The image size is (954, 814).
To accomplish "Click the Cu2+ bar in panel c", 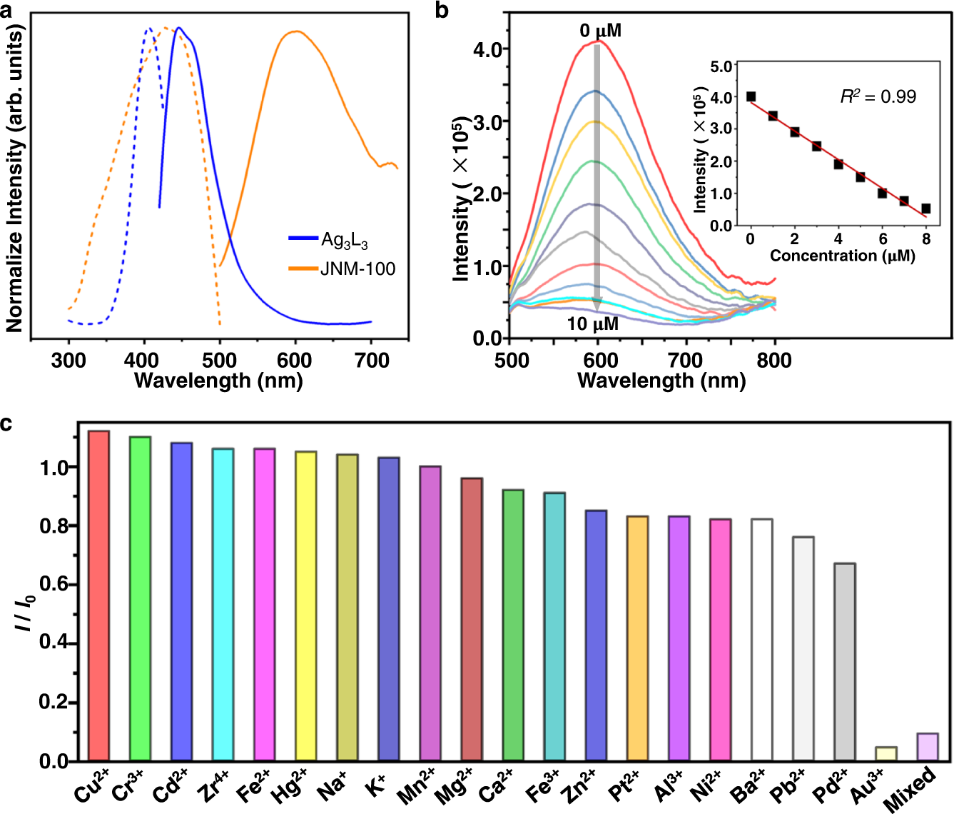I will (98, 596).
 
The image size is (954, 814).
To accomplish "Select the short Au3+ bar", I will (886, 754).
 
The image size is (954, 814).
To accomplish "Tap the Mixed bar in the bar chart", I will (928, 747).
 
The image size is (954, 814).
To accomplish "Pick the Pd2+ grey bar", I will (845, 662).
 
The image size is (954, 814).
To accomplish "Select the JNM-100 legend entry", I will (357, 269).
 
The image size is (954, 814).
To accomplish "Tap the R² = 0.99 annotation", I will (878, 96).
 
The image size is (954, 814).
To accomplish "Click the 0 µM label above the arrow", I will (600, 31).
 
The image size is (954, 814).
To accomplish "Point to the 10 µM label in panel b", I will (592, 323).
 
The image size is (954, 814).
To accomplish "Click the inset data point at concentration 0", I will (751, 96).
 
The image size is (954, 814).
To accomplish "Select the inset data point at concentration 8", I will (926, 208).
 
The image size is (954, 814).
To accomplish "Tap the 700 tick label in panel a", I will (371, 361).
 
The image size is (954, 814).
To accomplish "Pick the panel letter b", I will (442, 11).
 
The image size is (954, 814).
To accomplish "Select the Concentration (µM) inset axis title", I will (842, 256).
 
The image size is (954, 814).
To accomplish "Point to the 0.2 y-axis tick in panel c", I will (53, 702).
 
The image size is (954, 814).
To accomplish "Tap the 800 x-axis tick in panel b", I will (774, 361).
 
